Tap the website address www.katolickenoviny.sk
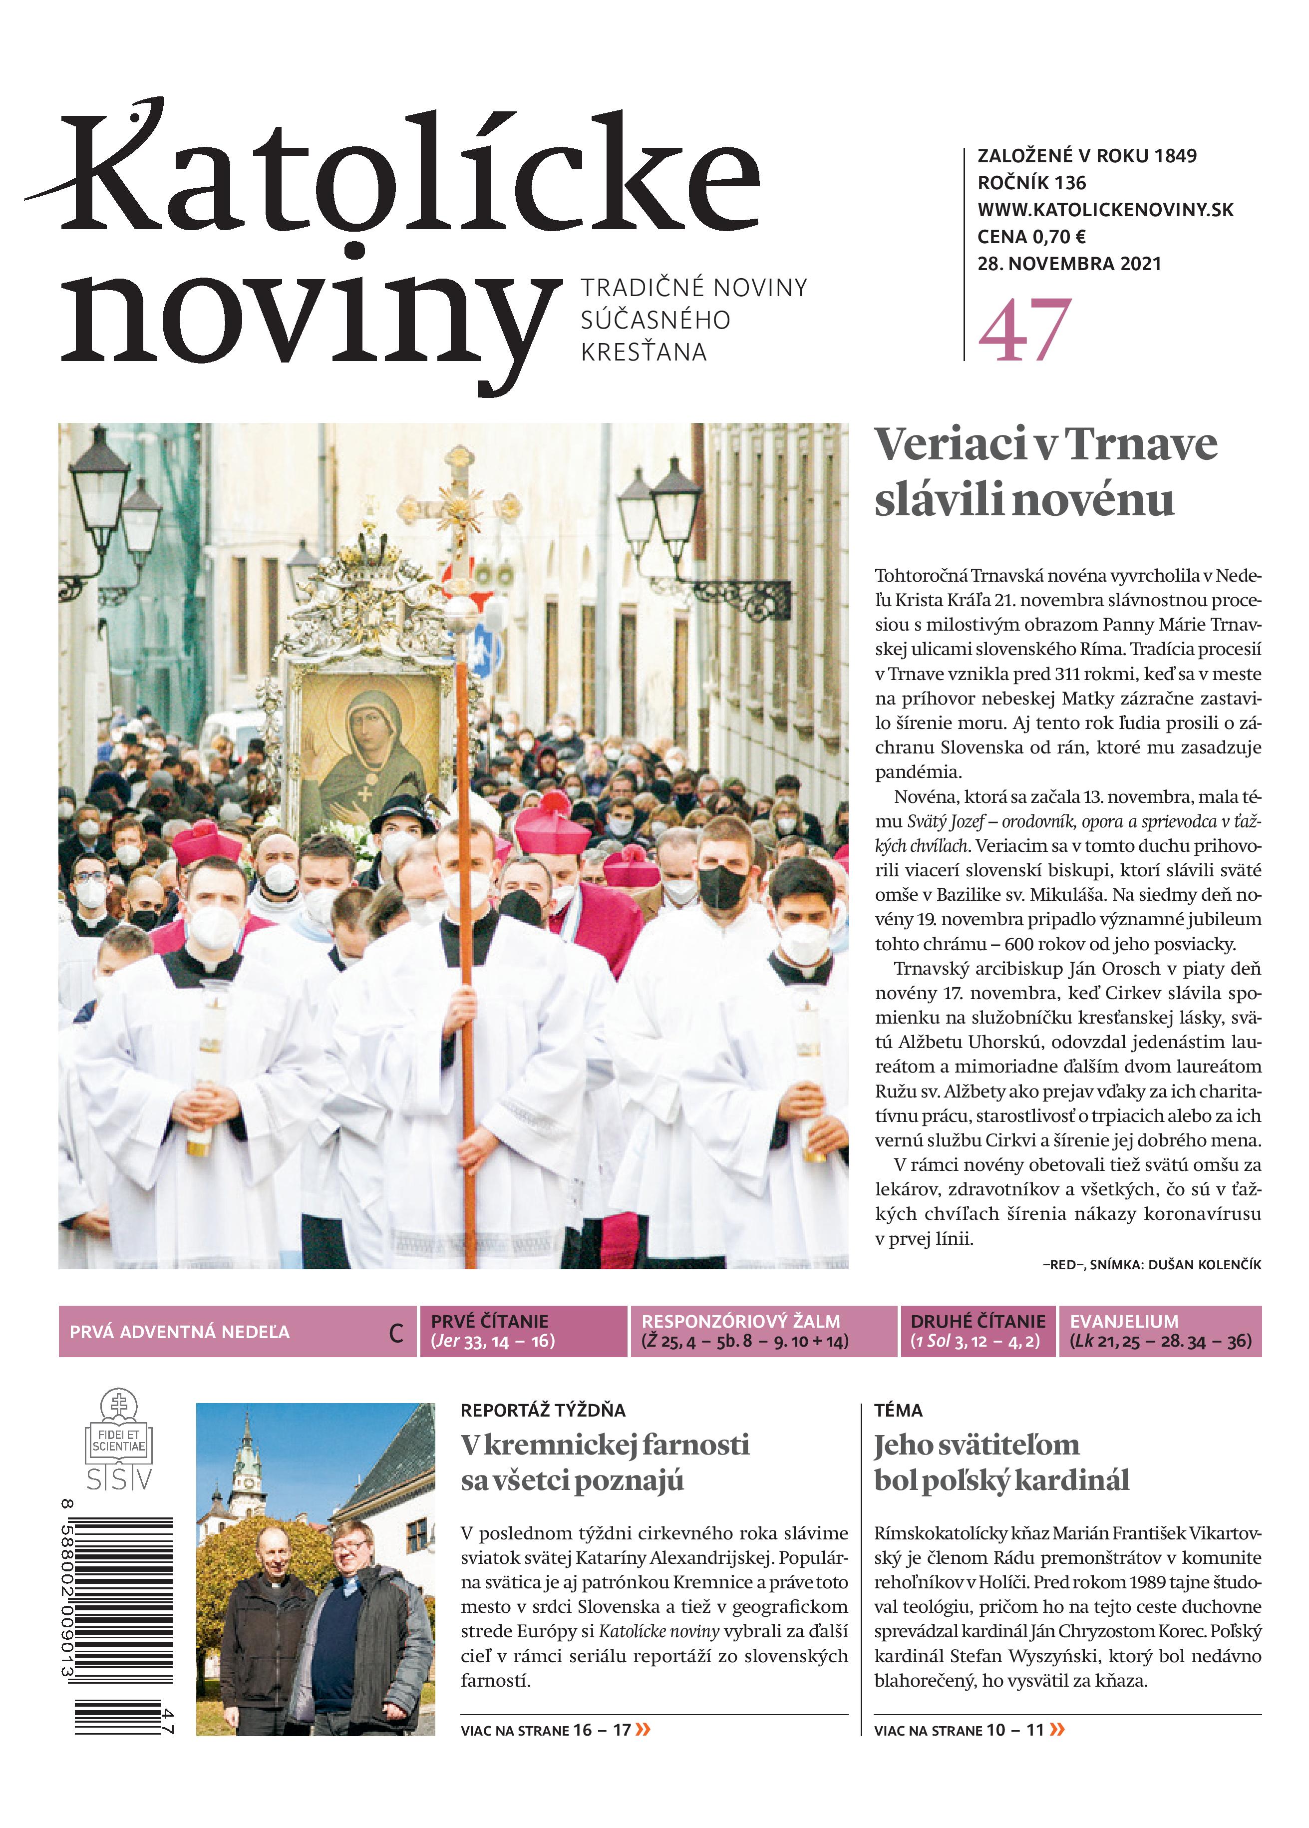(x=1105, y=210)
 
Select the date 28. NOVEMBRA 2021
(x=1069, y=264)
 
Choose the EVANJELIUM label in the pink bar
(x=1124, y=1321)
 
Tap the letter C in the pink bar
(x=396, y=1333)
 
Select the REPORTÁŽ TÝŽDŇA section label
(x=543, y=1410)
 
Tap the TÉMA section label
(x=898, y=1410)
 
